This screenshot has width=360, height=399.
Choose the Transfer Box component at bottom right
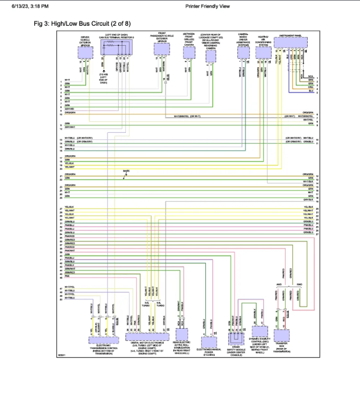(281, 335)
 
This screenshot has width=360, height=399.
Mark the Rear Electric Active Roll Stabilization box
(181, 334)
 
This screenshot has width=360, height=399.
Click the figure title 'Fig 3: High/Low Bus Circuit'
(82, 23)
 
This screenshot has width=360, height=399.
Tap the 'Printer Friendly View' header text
(208, 6)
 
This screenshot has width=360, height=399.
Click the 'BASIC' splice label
(126, 170)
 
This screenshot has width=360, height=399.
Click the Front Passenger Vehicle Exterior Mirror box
(163, 53)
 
